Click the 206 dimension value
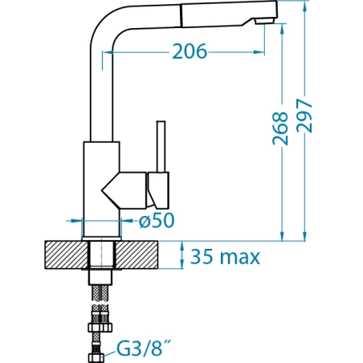[x=190, y=51]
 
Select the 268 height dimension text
[x=280, y=128]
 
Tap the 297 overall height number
[x=304, y=116]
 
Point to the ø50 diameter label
[x=157, y=221]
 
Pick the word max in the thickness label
[x=239, y=258]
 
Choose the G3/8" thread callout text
[x=143, y=348]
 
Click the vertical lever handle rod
[x=161, y=146]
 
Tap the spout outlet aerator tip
[x=264, y=21]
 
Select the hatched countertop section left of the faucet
[x=67, y=255]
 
